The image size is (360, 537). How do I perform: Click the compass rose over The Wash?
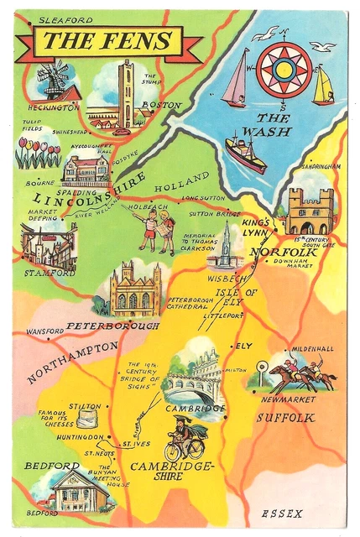click(284, 69)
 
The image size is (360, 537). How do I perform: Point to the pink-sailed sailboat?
click(236, 80)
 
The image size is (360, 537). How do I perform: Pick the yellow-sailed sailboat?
click(323, 86)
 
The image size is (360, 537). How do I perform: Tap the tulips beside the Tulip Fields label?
click(38, 153)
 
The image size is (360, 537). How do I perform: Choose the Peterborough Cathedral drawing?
click(134, 289)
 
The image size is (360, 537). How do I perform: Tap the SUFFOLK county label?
click(285, 417)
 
